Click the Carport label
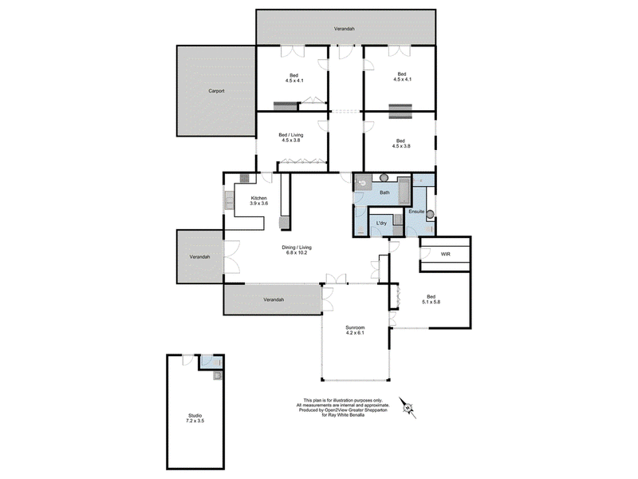pyautogui.click(x=216, y=91)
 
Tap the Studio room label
pyautogui.click(x=195, y=415)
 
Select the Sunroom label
pyautogui.click(x=355, y=327)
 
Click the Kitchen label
pyautogui.click(x=258, y=198)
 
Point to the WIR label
pyautogui.click(x=446, y=254)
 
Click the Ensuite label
pyautogui.click(x=416, y=212)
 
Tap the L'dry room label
pyautogui.click(x=381, y=224)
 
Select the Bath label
pyautogui.click(x=384, y=192)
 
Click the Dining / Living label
pyautogui.click(x=297, y=247)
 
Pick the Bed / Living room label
pyautogui.click(x=291, y=135)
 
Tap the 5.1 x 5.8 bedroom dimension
pyautogui.click(x=431, y=302)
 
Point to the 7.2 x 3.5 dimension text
pyautogui.click(x=195, y=421)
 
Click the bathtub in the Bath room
pyautogui.click(x=404, y=190)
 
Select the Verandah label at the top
pyautogui.click(x=345, y=29)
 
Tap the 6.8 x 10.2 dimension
pyautogui.click(x=297, y=252)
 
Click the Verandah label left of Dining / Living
pyautogui.click(x=200, y=257)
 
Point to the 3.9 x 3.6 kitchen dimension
pyautogui.click(x=258, y=204)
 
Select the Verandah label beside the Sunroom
pyautogui.click(x=274, y=300)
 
